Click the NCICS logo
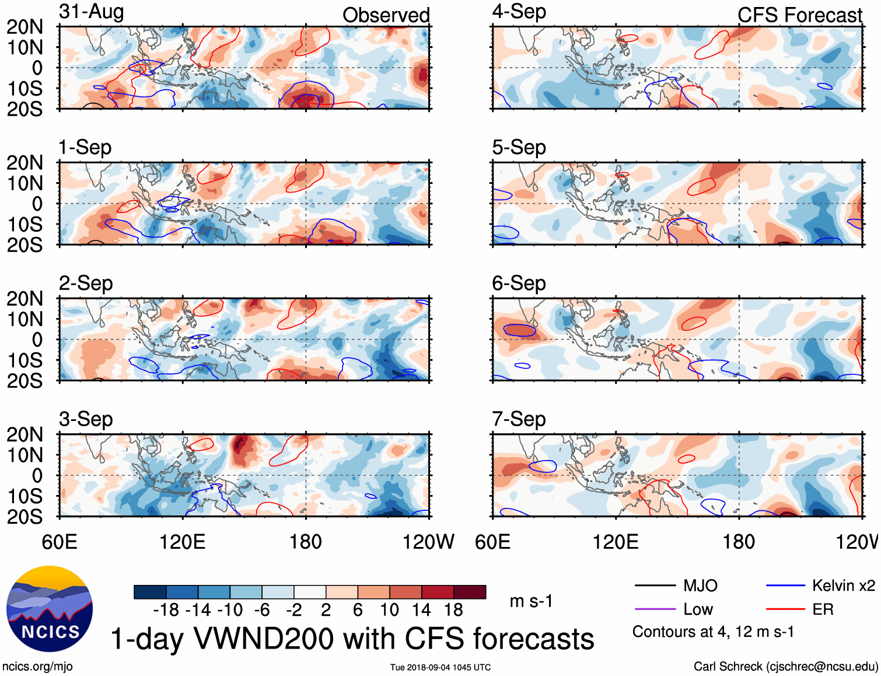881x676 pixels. click(50, 609)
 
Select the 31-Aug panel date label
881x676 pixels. click(92, 12)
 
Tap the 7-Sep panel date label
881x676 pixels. click(519, 419)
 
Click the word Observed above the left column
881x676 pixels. click(386, 15)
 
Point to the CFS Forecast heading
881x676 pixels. click(799, 15)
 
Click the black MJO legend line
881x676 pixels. click(655, 586)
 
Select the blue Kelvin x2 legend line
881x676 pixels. click(785, 586)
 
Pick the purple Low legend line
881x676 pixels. click(655, 609)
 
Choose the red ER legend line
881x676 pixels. click(785, 609)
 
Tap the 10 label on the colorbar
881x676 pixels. click(389, 610)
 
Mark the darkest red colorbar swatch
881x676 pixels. click(470, 592)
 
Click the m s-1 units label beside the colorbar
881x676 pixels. click(531, 601)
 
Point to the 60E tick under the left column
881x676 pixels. click(60, 542)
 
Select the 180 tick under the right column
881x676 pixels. click(739, 542)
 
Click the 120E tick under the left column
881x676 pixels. click(183, 542)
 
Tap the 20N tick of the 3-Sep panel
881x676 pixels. click(25, 434)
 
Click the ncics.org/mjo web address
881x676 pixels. click(37, 667)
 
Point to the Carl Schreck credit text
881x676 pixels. click(785, 667)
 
